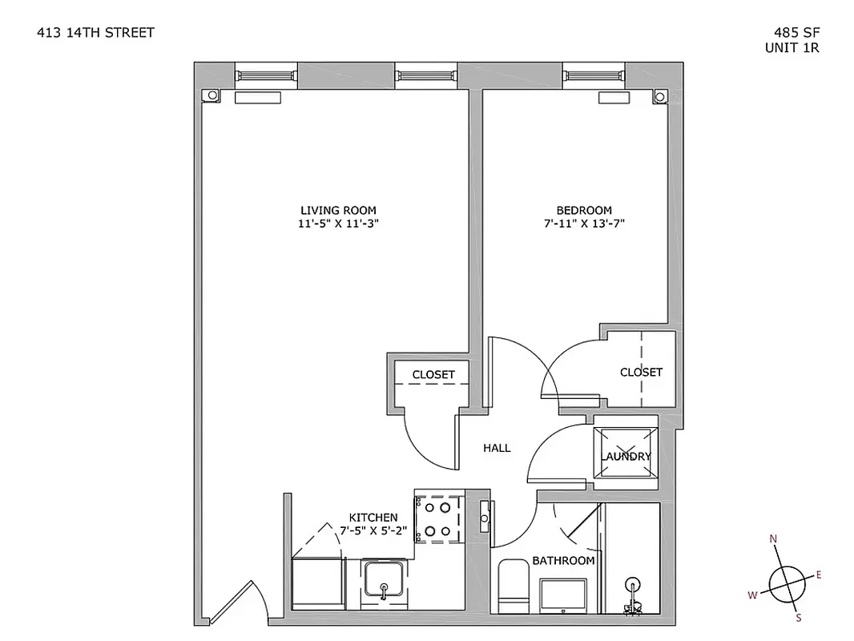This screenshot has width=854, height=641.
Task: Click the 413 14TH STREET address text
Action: coord(95,33)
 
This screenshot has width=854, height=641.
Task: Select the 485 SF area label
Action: coord(796,33)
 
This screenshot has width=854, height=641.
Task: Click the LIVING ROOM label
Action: coord(336,210)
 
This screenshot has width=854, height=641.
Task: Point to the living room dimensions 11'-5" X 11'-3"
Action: coord(336,224)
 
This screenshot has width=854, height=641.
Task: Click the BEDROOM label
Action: coord(584,210)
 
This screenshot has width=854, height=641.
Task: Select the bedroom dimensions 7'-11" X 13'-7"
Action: coord(584,224)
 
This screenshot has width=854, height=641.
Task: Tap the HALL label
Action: coord(497,449)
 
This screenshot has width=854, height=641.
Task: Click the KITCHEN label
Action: coord(373,518)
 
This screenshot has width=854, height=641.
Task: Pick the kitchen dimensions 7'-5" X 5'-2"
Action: coord(373,530)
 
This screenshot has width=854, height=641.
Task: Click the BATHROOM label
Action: coord(563,561)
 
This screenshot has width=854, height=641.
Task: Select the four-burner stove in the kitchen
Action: coord(439,518)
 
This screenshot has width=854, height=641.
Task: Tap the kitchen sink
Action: coord(385,579)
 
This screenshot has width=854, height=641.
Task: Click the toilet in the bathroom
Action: coord(513,586)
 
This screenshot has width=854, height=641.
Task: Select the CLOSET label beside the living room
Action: coord(433,374)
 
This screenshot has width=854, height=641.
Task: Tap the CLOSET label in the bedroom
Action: coord(641,372)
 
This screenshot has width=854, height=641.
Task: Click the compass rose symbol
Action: coord(785,580)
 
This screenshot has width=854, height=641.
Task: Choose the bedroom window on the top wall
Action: coord(594,75)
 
